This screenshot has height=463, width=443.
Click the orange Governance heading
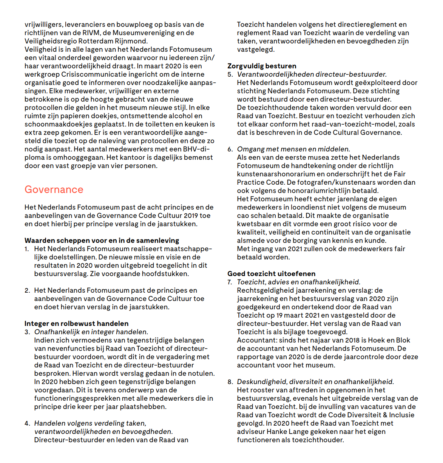[x=54, y=190]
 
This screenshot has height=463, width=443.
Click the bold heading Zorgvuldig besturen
[x=262, y=66]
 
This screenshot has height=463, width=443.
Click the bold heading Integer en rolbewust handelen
[x=76, y=324]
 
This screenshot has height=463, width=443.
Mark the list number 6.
[x=230, y=149]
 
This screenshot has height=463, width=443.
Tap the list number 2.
[x=27, y=290]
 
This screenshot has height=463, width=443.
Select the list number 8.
[x=230, y=382]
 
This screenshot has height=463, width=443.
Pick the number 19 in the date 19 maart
[x=279, y=315]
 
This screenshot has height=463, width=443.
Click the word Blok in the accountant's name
[x=403, y=340]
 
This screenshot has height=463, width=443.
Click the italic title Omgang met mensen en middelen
[x=293, y=149]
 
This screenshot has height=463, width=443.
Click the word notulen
[x=201, y=373]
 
